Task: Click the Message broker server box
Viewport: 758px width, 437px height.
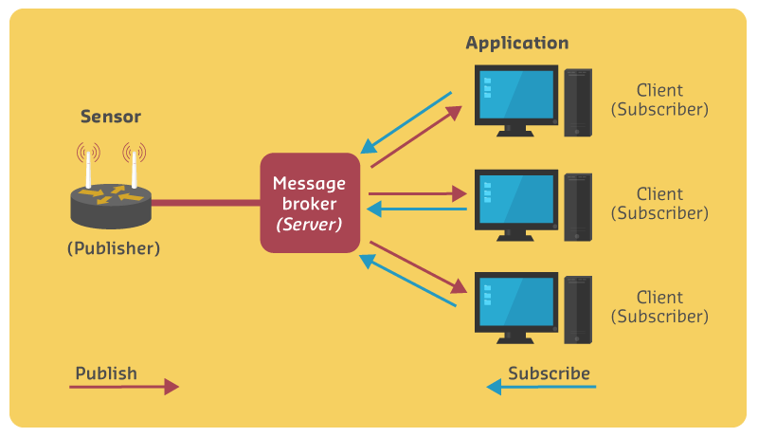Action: [310, 203]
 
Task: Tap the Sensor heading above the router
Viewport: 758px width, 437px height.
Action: [110, 118]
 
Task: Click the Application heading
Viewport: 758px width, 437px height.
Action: [517, 44]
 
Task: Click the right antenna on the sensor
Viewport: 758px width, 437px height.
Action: [134, 167]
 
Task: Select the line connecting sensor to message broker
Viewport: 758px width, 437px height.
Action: [206, 202]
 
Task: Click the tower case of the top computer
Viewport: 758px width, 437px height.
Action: [578, 101]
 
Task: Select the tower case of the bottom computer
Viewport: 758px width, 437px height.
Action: [578, 309]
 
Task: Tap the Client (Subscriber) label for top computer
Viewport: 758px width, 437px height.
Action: [659, 100]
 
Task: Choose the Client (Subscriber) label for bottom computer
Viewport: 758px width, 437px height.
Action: [659, 307]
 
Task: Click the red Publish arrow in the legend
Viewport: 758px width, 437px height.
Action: [124, 387]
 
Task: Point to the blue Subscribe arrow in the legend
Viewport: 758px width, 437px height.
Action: [541, 387]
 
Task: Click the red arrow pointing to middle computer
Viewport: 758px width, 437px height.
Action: [418, 193]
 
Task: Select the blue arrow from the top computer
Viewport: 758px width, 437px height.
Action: [406, 122]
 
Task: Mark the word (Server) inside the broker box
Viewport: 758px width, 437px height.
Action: [310, 226]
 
